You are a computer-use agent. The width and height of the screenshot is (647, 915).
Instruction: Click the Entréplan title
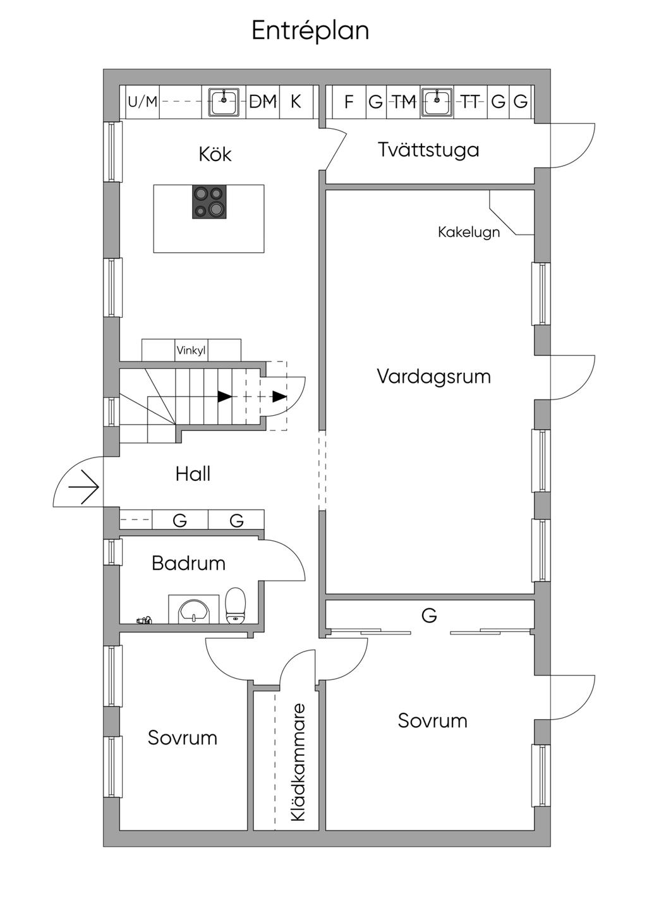[x=310, y=30]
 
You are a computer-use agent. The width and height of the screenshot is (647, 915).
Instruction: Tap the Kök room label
[x=215, y=154]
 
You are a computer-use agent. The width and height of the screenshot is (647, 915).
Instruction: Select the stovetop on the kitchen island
[x=209, y=202]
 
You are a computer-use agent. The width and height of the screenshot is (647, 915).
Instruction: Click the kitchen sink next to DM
[x=224, y=102]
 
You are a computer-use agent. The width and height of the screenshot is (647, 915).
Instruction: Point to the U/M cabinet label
[x=142, y=101]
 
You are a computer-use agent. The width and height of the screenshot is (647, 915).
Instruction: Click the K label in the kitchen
[x=296, y=101]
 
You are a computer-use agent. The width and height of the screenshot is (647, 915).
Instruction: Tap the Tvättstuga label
[x=428, y=150]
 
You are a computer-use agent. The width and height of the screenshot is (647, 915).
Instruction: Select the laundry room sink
[x=437, y=102]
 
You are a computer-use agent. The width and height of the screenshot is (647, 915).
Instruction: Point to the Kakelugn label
[x=469, y=232]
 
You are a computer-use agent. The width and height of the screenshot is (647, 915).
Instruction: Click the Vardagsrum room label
[x=433, y=376]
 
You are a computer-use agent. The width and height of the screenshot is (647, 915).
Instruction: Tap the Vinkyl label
[x=191, y=350]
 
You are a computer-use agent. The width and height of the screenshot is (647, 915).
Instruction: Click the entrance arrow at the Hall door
[x=84, y=487]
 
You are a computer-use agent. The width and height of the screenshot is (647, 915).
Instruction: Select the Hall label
[x=193, y=474]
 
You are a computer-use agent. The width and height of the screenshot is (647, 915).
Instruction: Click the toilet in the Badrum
[x=236, y=605]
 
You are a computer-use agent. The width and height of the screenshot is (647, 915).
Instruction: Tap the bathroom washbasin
[x=194, y=610]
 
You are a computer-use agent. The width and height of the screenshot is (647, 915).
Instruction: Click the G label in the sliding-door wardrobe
[x=429, y=615]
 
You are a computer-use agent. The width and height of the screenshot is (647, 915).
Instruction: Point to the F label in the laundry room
[x=349, y=101]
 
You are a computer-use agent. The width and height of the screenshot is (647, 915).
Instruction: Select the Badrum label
[x=188, y=563]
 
